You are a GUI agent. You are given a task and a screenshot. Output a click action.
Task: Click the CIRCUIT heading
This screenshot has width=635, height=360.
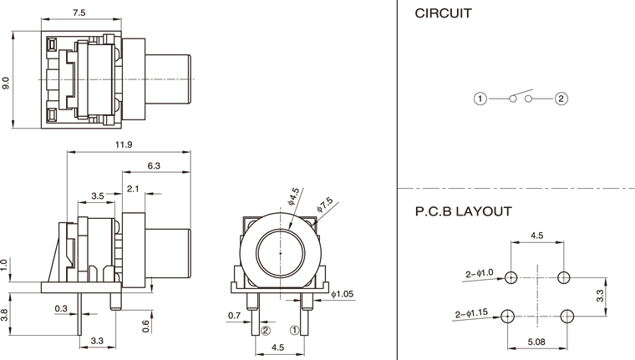pyautogui.click(x=443, y=13)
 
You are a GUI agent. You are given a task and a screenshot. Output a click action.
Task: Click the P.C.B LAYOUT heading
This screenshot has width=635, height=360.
pyautogui.click(x=463, y=211)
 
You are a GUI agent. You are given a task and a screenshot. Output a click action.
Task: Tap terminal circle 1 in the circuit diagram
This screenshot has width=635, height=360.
pyautogui.click(x=480, y=99)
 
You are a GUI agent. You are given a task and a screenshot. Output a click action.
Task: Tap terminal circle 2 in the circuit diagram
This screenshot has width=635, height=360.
pyautogui.click(x=561, y=99)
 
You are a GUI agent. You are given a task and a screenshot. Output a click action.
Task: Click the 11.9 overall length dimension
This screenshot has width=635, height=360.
pyautogui.click(x=123, y=145)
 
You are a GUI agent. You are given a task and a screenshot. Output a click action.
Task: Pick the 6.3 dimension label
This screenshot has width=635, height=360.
pyautogui.click(x=154, y=166)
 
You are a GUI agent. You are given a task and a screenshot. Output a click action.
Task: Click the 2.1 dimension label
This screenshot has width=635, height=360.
pyautogui.click(x=133, y=189)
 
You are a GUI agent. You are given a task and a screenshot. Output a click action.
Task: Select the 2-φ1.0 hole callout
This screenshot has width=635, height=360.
pyautogui.click(x=480, y=273)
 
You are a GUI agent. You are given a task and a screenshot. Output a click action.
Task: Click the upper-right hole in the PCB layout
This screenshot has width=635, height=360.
pyautogui.click(x=565, y=276)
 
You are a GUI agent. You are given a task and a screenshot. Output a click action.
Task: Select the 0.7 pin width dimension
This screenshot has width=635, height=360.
pyautogui.click(x=236, y=316)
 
